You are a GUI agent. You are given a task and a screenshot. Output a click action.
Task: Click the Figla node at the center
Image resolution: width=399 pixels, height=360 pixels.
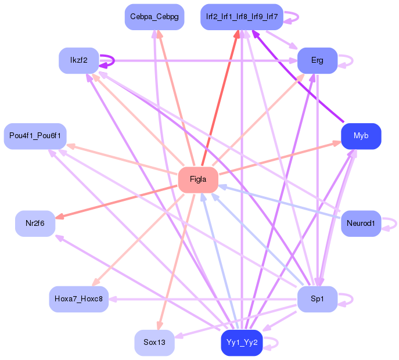click(197, 179)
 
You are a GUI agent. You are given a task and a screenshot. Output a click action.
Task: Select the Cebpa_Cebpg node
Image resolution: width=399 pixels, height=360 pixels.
click(154, 17)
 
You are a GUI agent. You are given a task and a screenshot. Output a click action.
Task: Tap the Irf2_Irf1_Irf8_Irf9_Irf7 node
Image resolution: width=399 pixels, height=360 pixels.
click(241, 17)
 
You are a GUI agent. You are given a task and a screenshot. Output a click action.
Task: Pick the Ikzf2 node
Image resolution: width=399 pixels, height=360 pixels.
click(78, 60)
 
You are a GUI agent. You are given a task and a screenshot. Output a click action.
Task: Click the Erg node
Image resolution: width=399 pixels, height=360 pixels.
click(317, 60)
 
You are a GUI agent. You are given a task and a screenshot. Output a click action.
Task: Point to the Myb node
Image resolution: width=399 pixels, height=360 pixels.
click(361, 136)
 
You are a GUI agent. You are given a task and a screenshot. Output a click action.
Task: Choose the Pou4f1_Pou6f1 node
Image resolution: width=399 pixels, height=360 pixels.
click(35, 136)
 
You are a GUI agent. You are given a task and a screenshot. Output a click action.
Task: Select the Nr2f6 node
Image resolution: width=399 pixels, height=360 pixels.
click(35, 223)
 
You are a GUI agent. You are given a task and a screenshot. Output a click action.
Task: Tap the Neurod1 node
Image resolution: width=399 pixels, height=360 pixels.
click(361, 223)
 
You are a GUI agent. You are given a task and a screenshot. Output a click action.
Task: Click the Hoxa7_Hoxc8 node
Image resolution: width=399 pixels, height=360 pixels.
click(78, 299)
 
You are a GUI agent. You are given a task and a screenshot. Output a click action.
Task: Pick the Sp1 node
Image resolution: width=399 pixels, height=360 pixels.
click(317, 299)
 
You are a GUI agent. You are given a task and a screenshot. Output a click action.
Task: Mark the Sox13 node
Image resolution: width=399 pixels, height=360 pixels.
click(154, 343)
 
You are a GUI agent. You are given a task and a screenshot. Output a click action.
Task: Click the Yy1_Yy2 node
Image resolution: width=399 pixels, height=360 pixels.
click(241, 343)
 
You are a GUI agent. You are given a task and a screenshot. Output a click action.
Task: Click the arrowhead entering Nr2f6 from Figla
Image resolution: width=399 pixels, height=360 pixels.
click(59, 217)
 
